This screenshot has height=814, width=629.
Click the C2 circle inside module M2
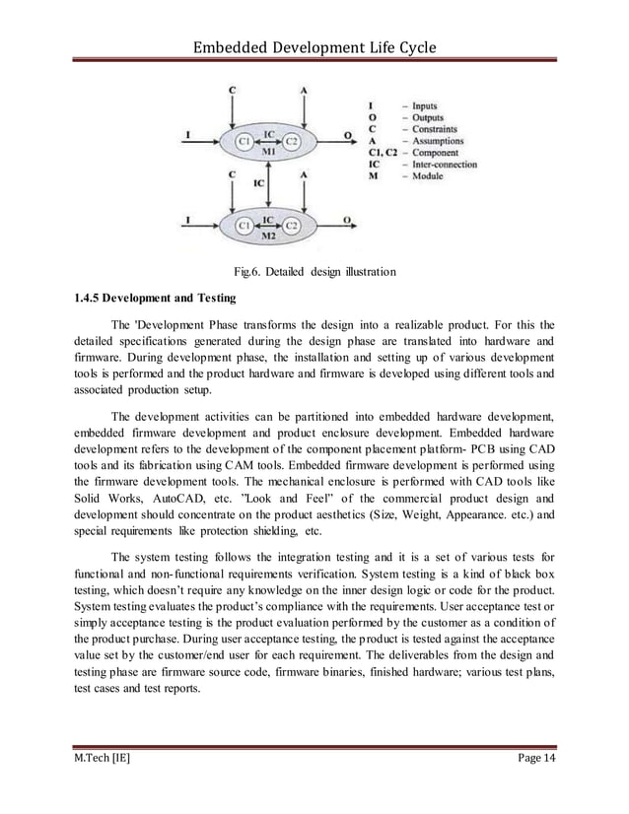click(292, 226)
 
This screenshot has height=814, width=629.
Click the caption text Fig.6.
click(245, 271)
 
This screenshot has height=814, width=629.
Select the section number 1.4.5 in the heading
click(90, 297)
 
